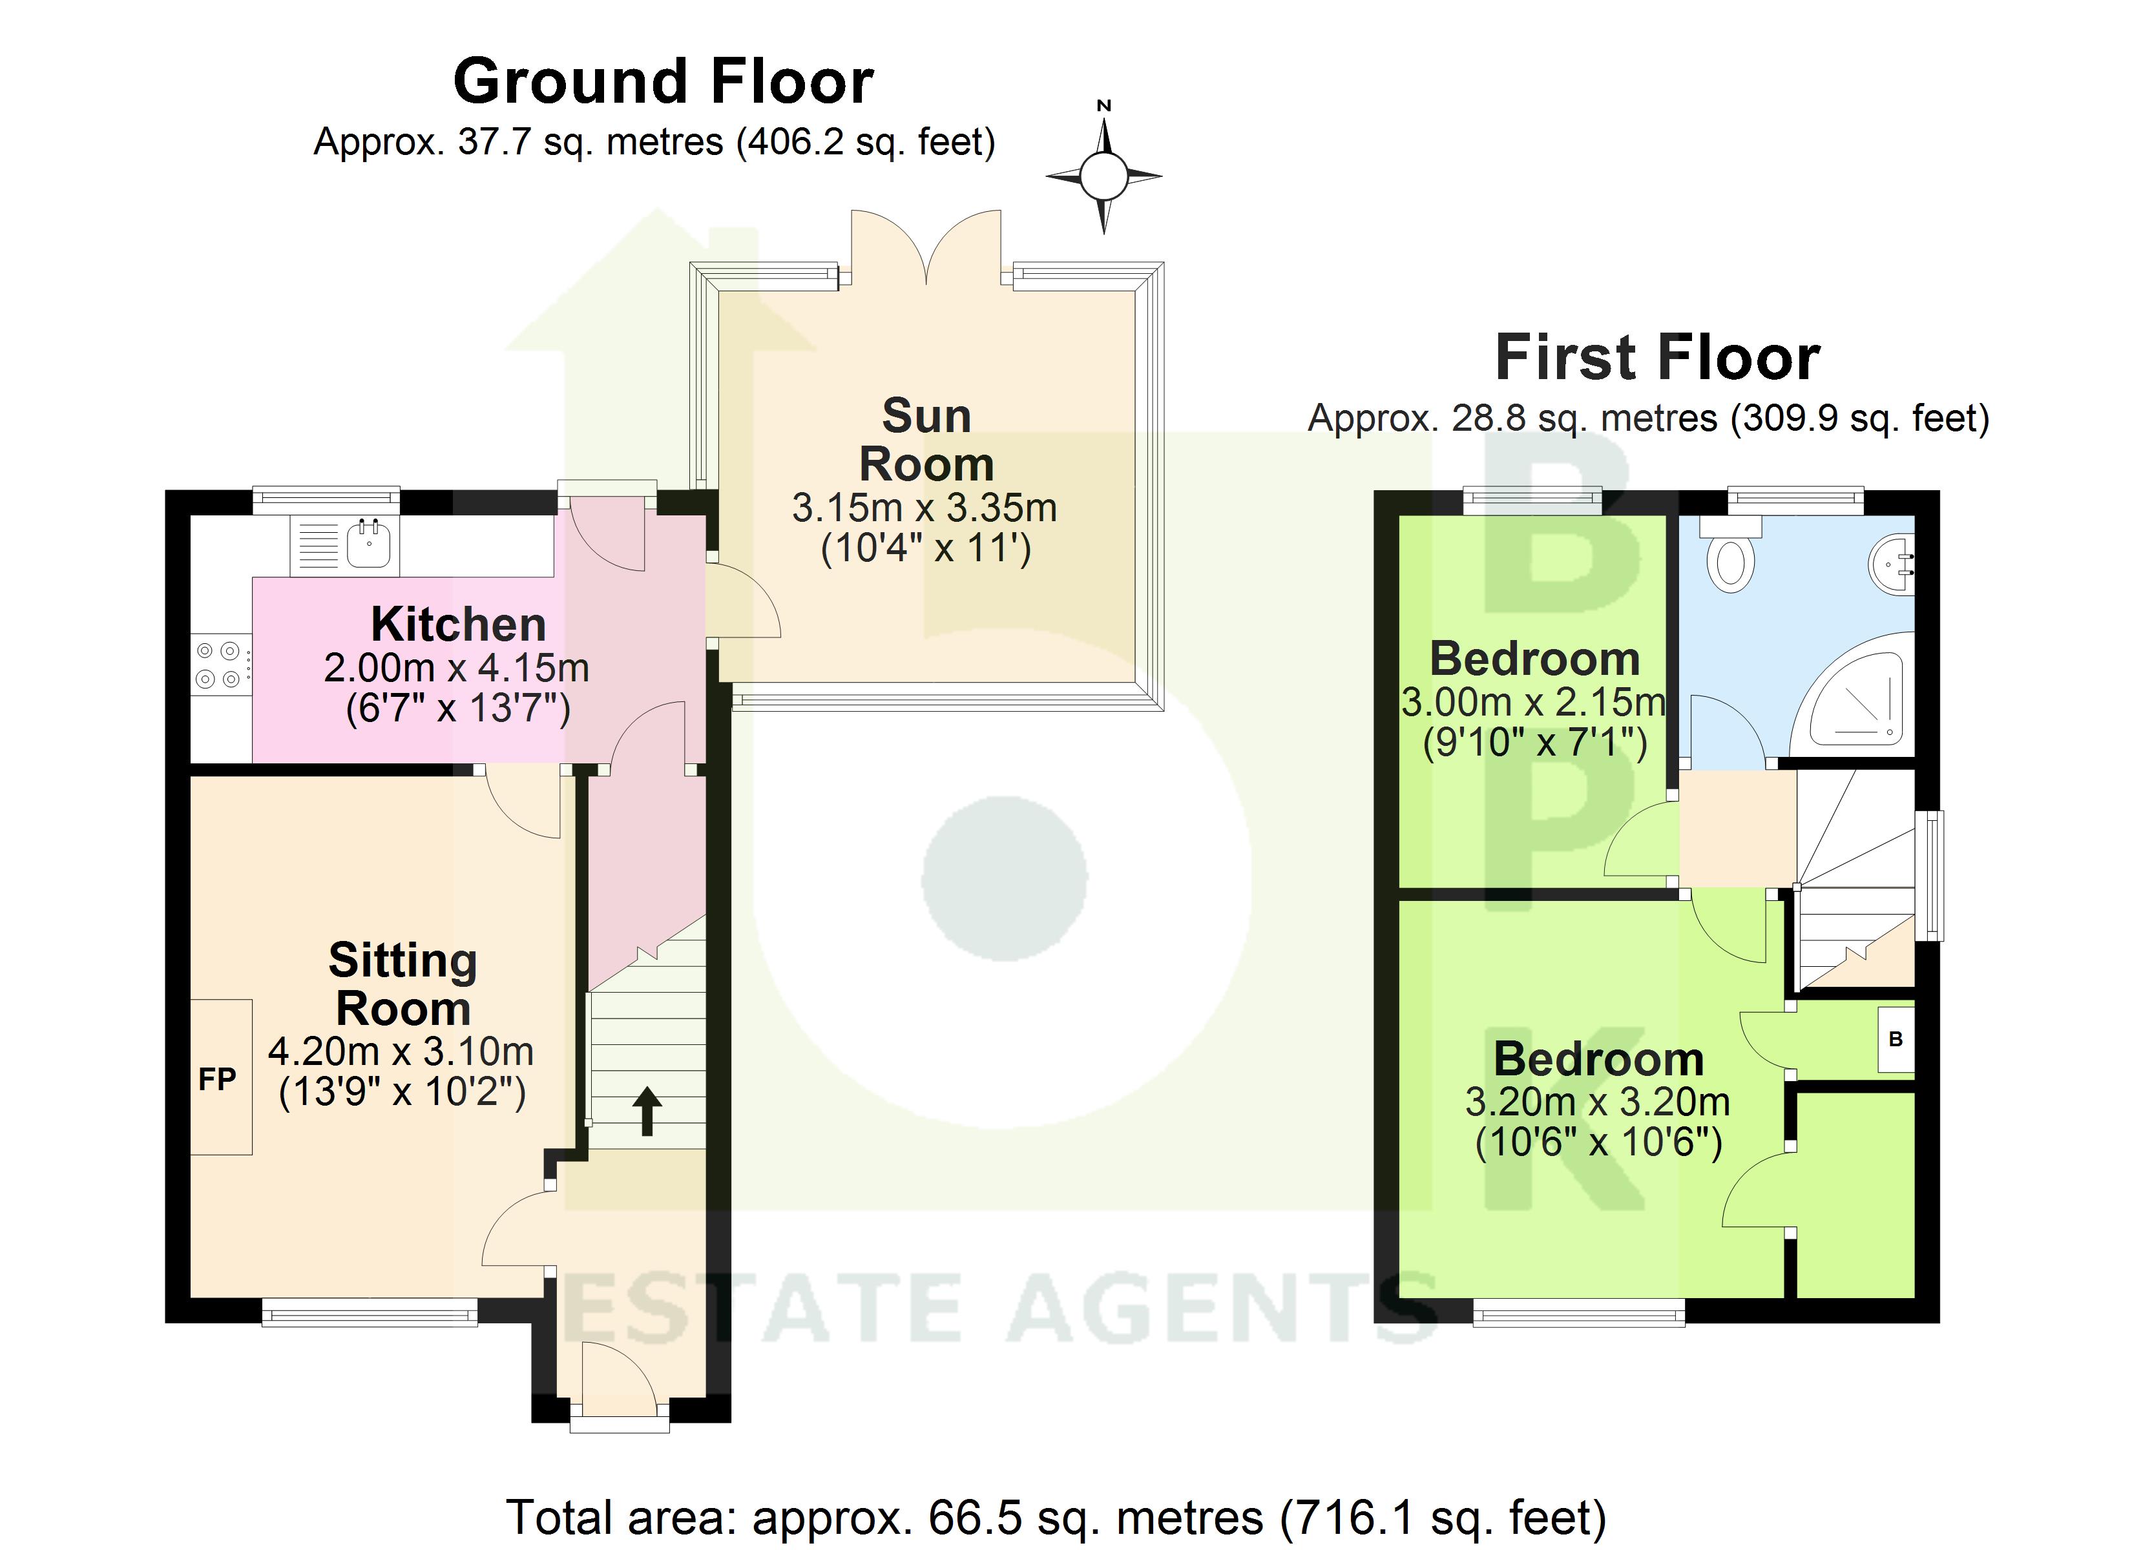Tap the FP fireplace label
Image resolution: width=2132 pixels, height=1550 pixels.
click(x=217, y=1079)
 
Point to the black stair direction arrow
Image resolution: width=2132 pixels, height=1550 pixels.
click(x=647, y=1110)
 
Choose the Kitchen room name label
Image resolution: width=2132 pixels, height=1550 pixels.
click(x=458, y=624)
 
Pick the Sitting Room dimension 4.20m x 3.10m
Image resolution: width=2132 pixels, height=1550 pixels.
click(x=401, y=1052)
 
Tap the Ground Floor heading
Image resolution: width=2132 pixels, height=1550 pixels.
click(x=663, y=82)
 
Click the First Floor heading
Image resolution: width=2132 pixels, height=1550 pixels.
click(x=1656, y=358)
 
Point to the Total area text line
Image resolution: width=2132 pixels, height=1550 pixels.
click(x=1056, y=1516)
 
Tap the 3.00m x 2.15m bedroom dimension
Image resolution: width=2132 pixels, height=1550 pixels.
click(x=1533, y=702)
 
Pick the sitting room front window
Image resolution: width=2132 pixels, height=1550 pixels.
click(x=370, y=1313)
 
